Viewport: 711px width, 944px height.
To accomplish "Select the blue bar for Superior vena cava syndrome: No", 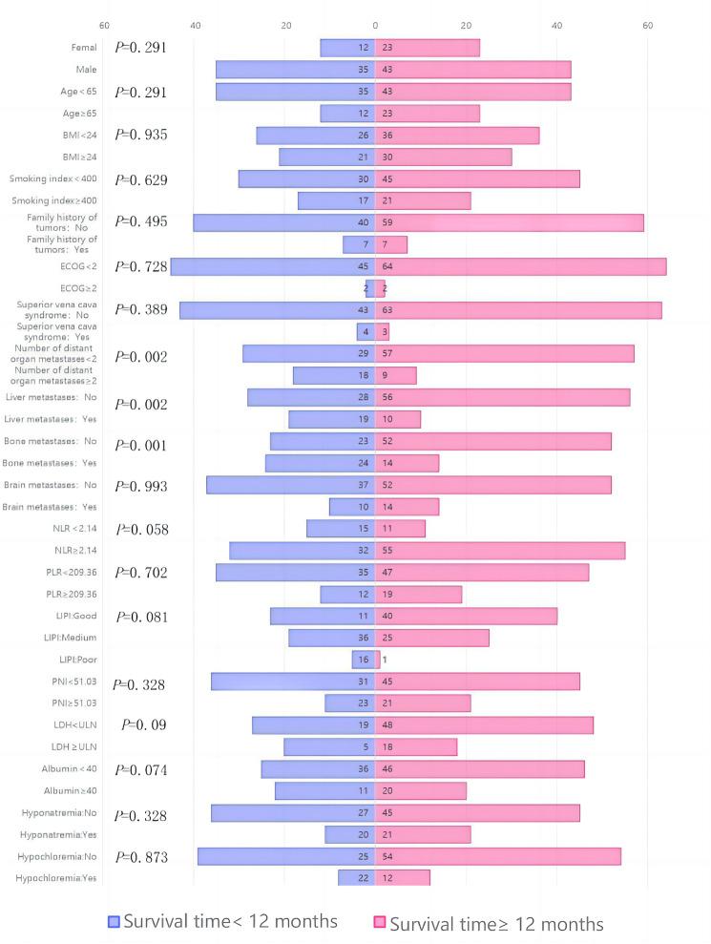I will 278,310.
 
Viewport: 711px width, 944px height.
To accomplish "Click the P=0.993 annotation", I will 141,487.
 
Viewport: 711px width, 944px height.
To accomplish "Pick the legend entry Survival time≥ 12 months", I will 487,923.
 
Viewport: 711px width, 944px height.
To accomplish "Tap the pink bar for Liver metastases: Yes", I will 398,419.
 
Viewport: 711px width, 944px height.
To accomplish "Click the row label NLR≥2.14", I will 76,550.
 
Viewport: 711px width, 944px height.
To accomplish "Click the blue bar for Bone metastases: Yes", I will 320,463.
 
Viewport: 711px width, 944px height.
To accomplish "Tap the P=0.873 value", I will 141,857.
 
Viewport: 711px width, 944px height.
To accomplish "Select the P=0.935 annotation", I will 141,135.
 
